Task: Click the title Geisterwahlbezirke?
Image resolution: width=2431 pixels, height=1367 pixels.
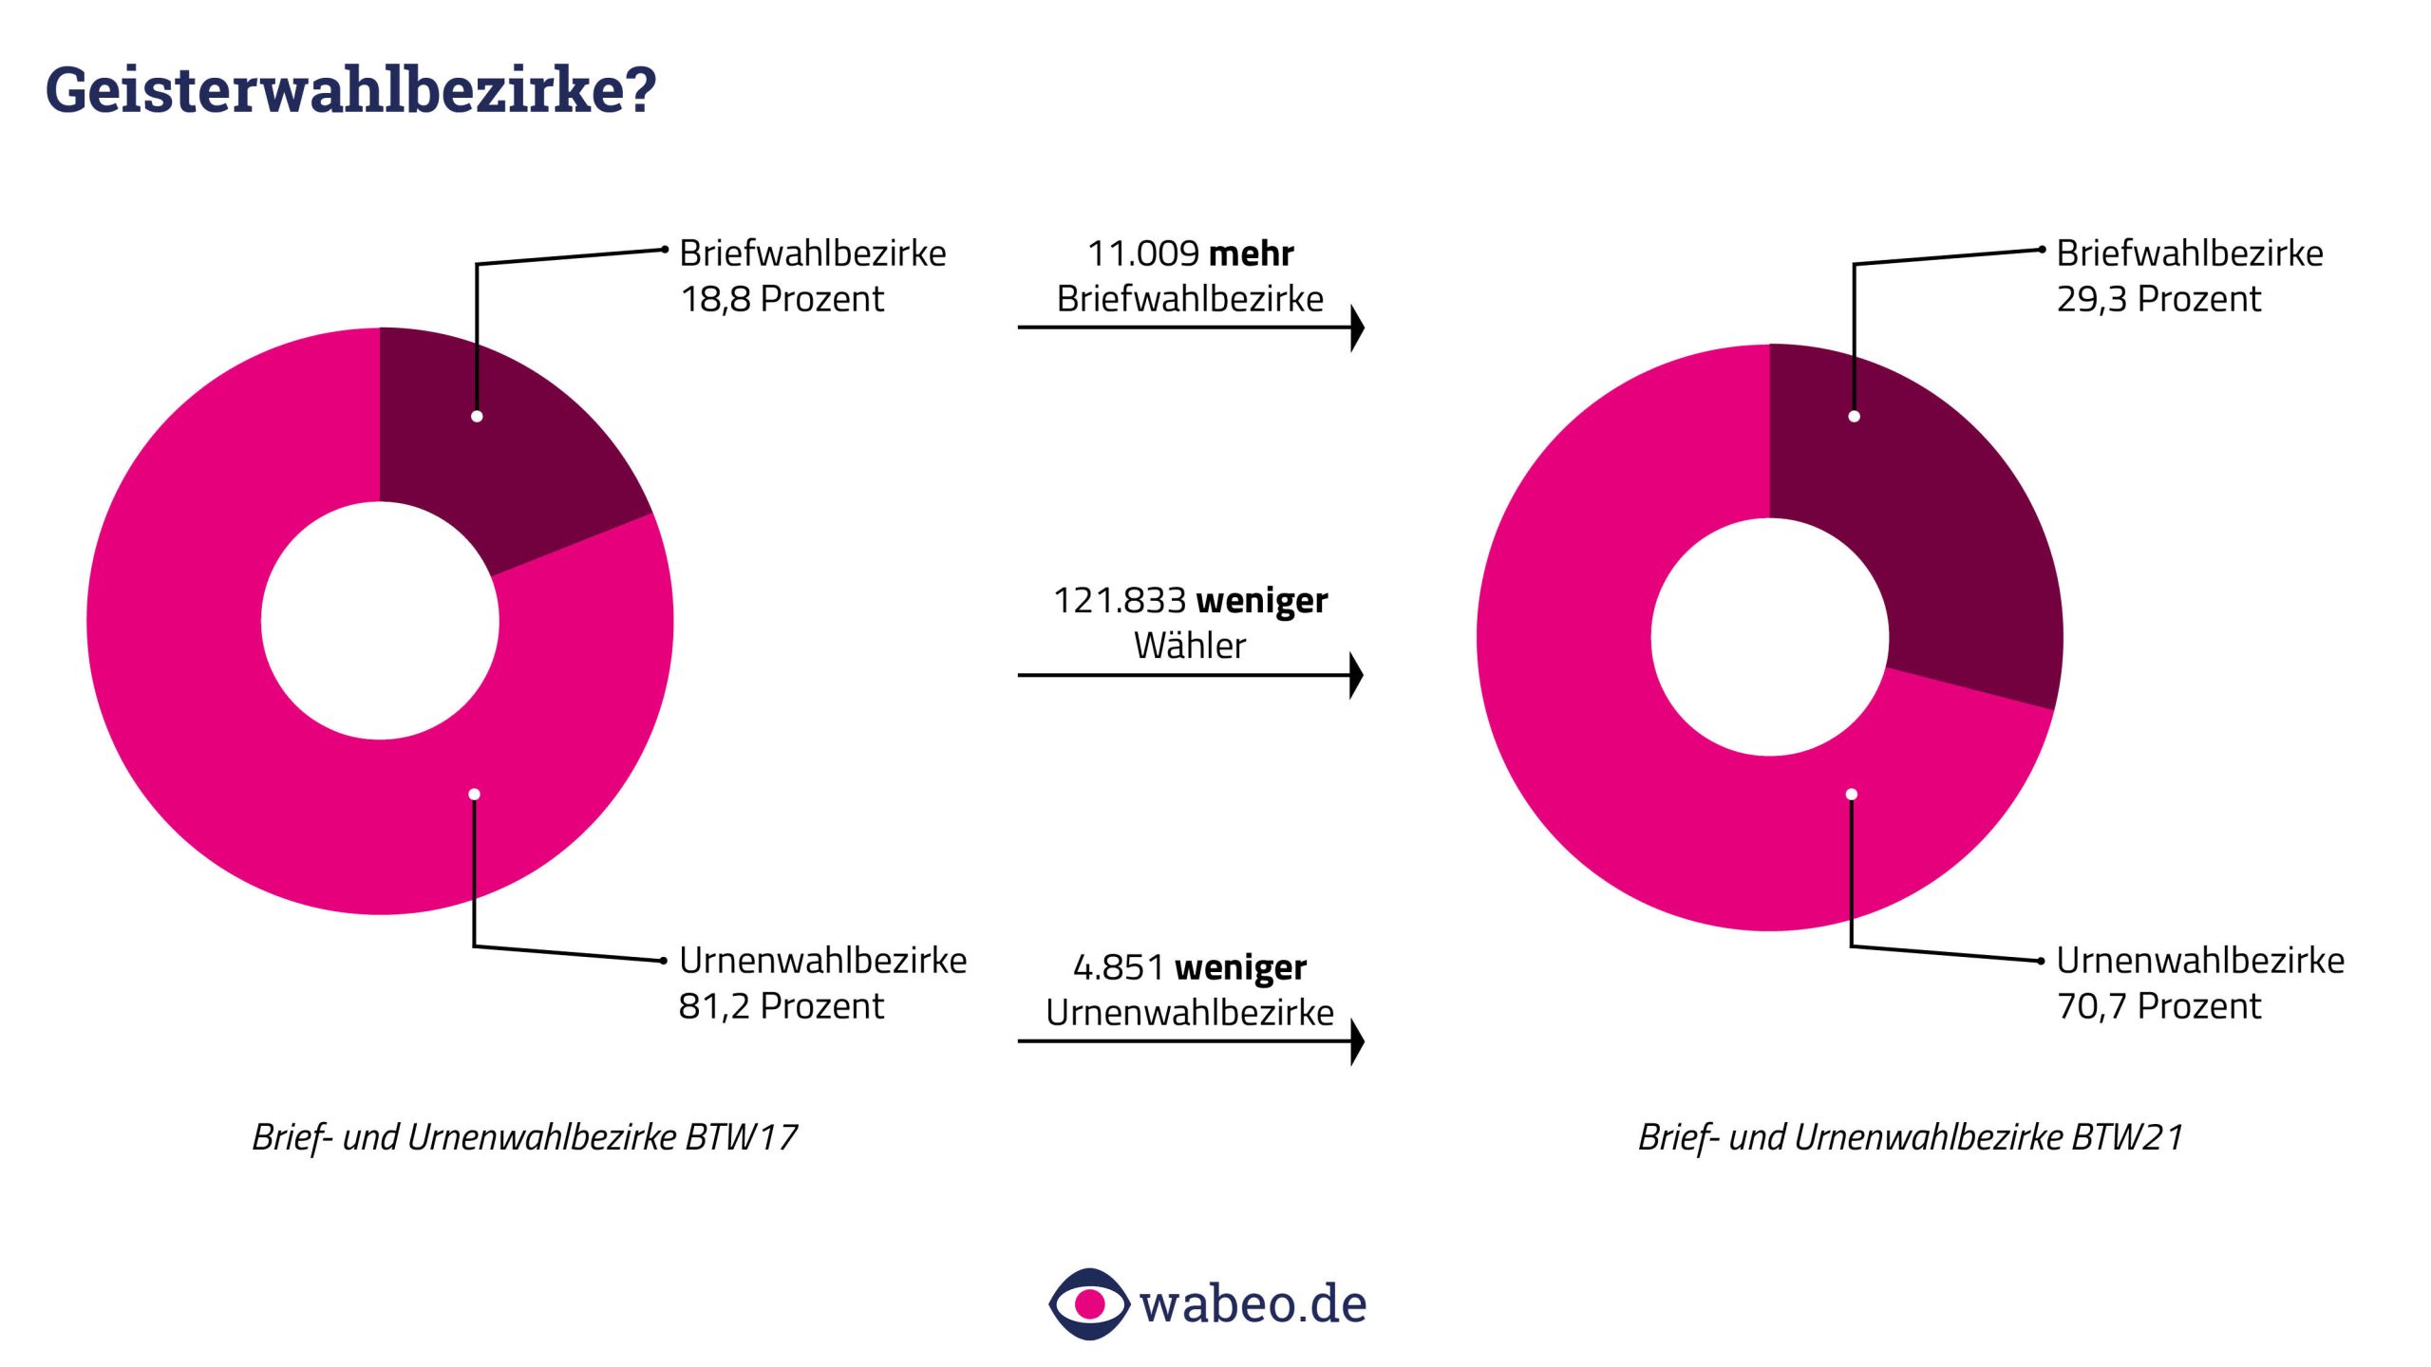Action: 350,90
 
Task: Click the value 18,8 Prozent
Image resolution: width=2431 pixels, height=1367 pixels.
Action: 782,299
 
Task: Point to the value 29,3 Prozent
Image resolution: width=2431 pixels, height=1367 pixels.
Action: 2158,299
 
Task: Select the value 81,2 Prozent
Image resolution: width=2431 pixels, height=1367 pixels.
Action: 781,1006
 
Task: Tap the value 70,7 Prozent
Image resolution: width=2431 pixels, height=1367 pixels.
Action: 2158,1006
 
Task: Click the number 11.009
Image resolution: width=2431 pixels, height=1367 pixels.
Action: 1142,253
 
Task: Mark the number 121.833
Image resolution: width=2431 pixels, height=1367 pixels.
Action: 1120,601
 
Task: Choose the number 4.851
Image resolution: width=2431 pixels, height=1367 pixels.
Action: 1119,967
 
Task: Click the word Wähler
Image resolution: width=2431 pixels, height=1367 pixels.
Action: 1189,646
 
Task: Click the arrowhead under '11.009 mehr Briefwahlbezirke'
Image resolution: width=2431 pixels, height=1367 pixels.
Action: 1357,328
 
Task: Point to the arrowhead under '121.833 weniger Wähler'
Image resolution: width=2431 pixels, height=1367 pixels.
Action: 1356,675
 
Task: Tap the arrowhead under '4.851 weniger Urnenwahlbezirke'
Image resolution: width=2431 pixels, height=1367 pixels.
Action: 1357,1041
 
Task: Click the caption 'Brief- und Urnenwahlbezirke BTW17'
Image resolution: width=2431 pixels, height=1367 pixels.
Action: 524,1137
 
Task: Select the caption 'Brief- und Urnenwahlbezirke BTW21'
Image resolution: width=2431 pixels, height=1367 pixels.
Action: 1911,1137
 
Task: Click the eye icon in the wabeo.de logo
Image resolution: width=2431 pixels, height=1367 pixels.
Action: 1089,1303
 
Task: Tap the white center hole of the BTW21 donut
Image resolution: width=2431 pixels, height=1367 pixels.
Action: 1769,637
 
